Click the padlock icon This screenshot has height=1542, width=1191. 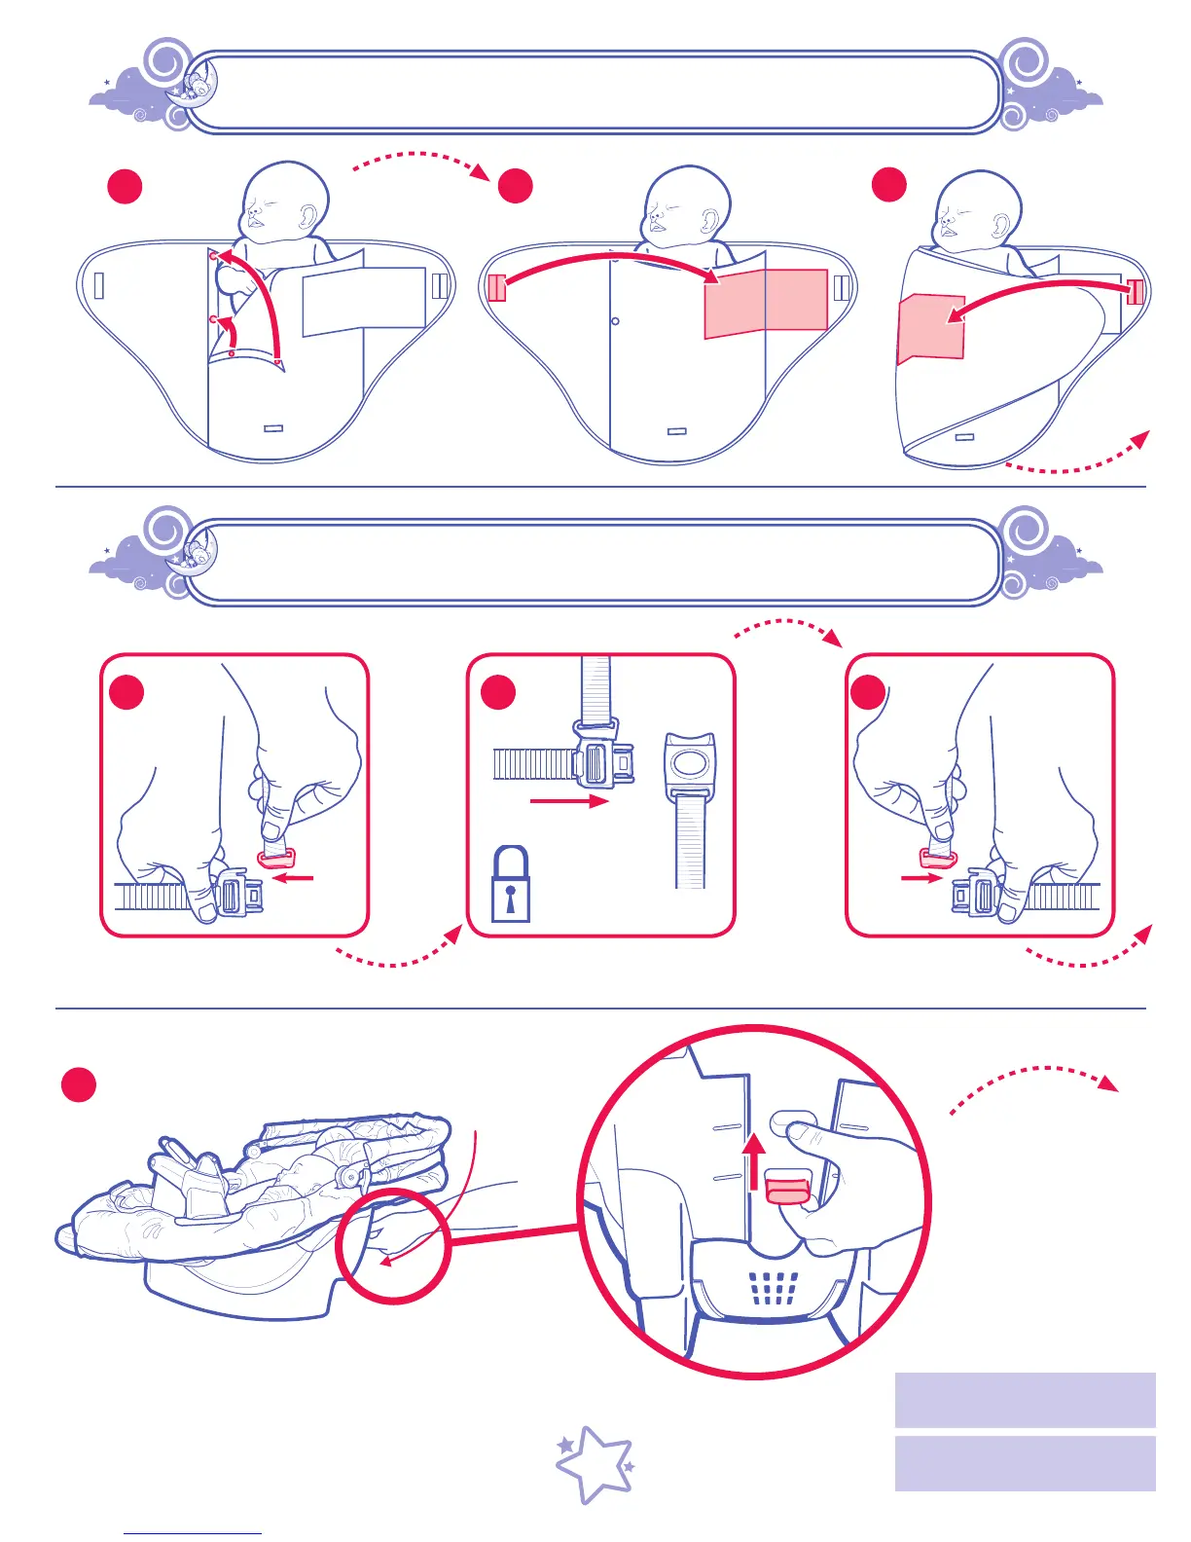(x=511, y=886)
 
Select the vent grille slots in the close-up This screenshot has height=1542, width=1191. (x=775, y=1288)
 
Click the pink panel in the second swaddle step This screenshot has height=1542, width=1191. (x=765, y=303)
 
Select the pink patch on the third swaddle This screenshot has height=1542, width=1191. (x=931, y=327)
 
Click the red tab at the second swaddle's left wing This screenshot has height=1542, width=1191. (x=496, y=288)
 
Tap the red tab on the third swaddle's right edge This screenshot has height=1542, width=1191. (x=1135, y=292)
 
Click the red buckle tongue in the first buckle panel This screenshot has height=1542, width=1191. (x=275, y=858)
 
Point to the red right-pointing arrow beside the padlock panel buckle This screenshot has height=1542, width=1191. (x=568, y=801)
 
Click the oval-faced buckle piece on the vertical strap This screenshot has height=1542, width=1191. (x=690, y=763)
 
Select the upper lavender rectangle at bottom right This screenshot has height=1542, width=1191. (x=1025, y=1399)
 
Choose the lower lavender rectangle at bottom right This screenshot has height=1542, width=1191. (x=1025, y=1462)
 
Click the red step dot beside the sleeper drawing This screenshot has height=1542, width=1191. (x=79, y=1084)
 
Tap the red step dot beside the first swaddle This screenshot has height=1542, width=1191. (x=125, y=186)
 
